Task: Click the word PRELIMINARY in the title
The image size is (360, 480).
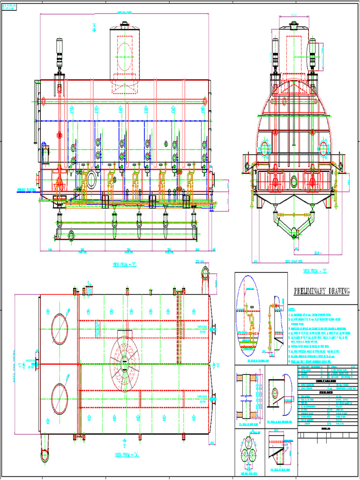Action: (x=310, y=292)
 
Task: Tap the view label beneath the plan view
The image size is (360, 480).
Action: (x=124, y=454)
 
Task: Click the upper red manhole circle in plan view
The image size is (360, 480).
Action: (x=60, y=328)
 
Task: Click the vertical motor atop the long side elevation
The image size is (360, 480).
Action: (x=60, y=52)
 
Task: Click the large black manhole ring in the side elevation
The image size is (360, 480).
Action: (x=91, y=178)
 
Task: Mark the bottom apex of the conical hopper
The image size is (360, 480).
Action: (x=294, y=231)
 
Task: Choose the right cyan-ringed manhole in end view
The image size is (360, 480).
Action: (x=323, y=149)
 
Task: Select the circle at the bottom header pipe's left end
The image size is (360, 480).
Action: (x=71, y=235)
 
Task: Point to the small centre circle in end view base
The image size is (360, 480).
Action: (x=294, y=181)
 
